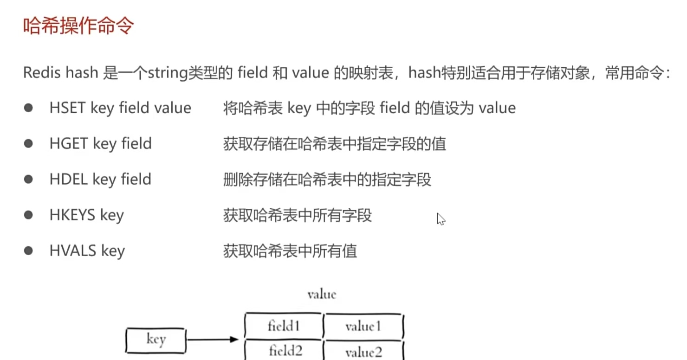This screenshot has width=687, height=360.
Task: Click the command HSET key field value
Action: pos(120,108)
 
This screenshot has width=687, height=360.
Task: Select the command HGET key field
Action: pos(100,144)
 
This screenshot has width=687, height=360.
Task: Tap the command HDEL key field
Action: pos(100,180)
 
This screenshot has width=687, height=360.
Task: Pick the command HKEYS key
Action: pos(86,215)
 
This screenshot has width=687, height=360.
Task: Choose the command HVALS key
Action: pos(87,251)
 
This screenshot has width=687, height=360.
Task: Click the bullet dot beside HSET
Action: pos(29,108)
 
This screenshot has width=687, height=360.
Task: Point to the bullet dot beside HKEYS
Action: pos(29,215)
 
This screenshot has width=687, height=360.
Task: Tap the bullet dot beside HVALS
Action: pos(29,251)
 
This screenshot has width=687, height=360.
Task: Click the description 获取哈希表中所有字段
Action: pos(297,215)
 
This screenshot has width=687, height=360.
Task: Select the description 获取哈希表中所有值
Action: pos(290,251)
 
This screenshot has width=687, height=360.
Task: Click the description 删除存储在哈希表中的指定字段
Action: pos(327,180)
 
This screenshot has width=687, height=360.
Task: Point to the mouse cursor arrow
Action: pos(441,219)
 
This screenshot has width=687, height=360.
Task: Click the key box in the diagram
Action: pos(156,340)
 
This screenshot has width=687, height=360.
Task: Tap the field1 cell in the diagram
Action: pos(284,326)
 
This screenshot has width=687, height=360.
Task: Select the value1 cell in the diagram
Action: pos(363,326)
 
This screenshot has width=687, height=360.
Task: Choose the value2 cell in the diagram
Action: pos(363,352)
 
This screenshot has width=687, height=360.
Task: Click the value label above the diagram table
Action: pos(322,294)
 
